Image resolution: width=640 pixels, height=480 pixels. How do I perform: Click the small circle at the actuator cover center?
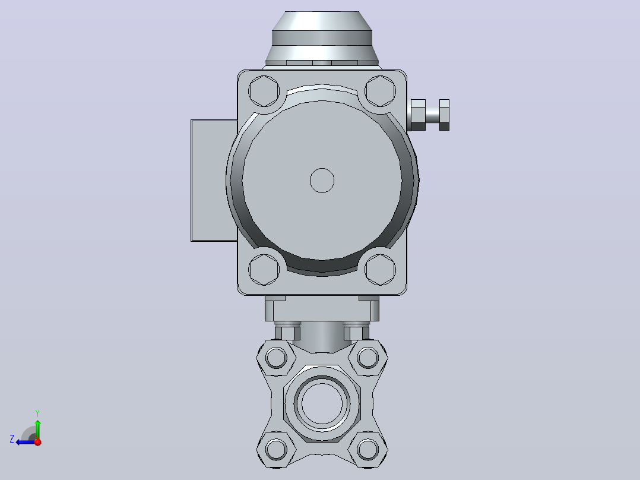click(322, 181)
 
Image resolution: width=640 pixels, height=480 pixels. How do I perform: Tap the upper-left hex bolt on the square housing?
click(264, 91)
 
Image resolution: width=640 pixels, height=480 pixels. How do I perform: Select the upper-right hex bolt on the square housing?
click(380, 91)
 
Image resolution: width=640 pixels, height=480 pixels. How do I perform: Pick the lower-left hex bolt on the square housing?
click(264, 270)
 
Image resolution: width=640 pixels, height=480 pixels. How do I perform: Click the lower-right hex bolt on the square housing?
click(380, 270)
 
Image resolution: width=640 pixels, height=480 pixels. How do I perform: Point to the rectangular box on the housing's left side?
click(214, 181)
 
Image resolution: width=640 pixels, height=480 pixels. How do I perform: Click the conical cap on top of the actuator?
click(322, 39)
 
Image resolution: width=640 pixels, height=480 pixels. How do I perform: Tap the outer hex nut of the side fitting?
click(444, 115)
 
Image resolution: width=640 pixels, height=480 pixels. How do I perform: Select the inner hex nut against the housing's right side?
click(418, 115)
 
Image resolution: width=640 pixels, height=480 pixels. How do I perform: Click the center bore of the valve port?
click(322, 403)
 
